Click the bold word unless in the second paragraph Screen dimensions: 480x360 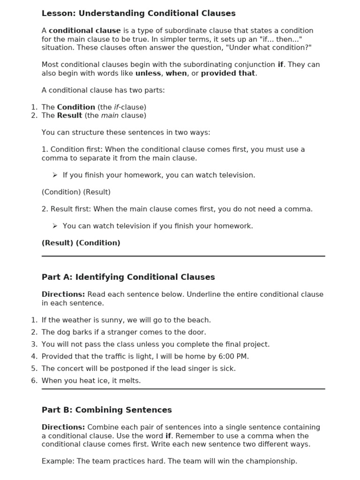point(148,73)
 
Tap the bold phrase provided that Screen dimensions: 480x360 point(228,73)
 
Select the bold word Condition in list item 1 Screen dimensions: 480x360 point(76,107)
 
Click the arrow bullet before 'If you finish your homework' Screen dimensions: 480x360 point(55,175)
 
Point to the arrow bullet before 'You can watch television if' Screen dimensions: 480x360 point(55,226)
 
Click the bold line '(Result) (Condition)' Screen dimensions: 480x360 point(81,243)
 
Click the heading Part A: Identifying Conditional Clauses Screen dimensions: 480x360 point(128,277)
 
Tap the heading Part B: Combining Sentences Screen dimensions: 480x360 point(106,410)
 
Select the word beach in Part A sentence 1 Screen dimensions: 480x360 point(198,320)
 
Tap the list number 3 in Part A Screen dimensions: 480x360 point(34,345)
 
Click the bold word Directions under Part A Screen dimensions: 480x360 point(63,294)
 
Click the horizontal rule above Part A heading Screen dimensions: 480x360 point(183,256)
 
